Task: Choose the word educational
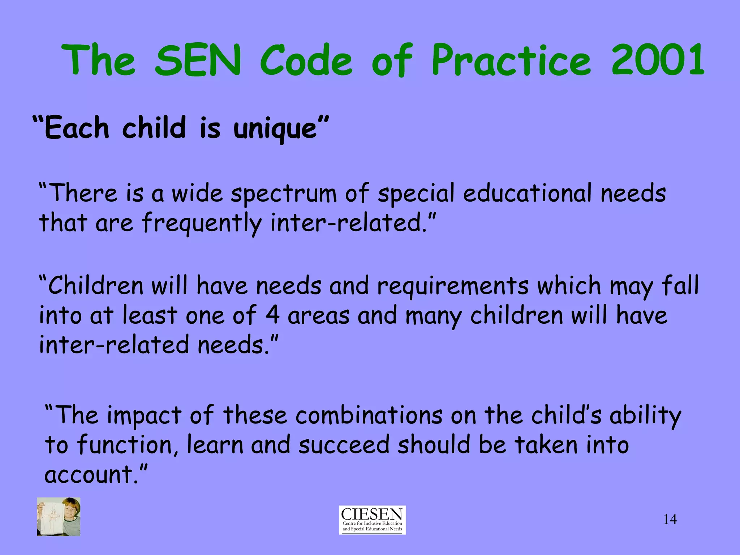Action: (x=528, y=193)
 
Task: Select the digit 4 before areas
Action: (x=272, y=315)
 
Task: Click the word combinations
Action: (x=369, y=415)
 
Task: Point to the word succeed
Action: (x=344, y=445)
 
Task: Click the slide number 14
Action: (x=670, y=519)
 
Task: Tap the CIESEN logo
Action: (x=372, y=520)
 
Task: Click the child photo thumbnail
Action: (x=59, y=516)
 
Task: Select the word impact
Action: (x=144, y=416)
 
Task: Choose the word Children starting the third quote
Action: (x=96, y=286)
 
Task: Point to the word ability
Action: (x=645, y=416)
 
